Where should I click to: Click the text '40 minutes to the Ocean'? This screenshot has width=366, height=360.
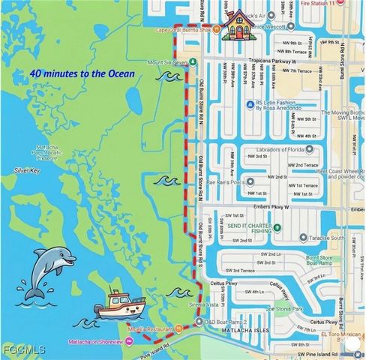click(x=82, y=73)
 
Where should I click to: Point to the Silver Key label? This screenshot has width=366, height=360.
click(x=27, y=171)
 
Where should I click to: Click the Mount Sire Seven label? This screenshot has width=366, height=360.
click(x=166, y=61)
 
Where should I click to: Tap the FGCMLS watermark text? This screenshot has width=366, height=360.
click(x=23, y=350)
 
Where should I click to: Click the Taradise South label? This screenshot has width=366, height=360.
click(x=331, y=237)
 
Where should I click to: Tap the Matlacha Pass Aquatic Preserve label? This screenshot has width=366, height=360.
click(x=39, y=153)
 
